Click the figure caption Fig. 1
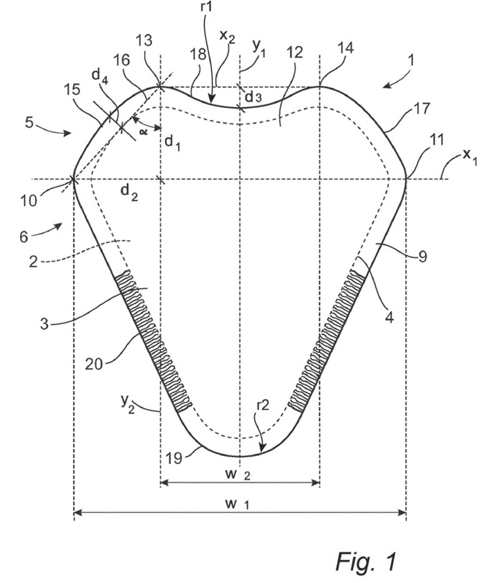(366, 561)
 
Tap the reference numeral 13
(144, 40)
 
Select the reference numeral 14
(346, 48)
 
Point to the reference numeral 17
(421, 108)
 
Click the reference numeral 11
(436, 140)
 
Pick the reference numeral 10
(29, 201)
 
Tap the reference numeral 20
(94, 364)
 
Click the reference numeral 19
(174, 458)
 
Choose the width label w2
(237, 474)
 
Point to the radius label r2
(263, 405)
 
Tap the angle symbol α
(143, 131)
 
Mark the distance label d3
(253, 96)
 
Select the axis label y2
(127, 404)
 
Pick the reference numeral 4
(389, 317)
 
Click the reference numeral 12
(294, 52)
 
